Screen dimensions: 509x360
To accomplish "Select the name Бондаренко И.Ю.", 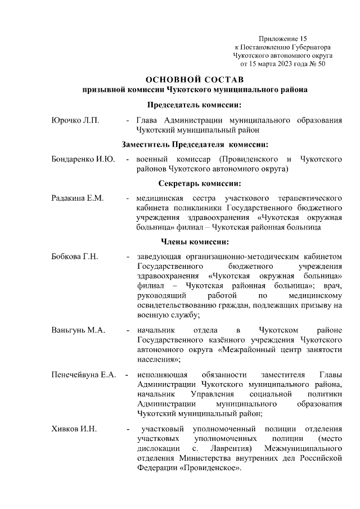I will pos(83,160).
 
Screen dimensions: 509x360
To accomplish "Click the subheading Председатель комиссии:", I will pos(195,105).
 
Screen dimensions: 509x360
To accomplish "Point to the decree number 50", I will pos(322,64).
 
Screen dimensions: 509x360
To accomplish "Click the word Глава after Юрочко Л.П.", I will pos(148,120).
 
